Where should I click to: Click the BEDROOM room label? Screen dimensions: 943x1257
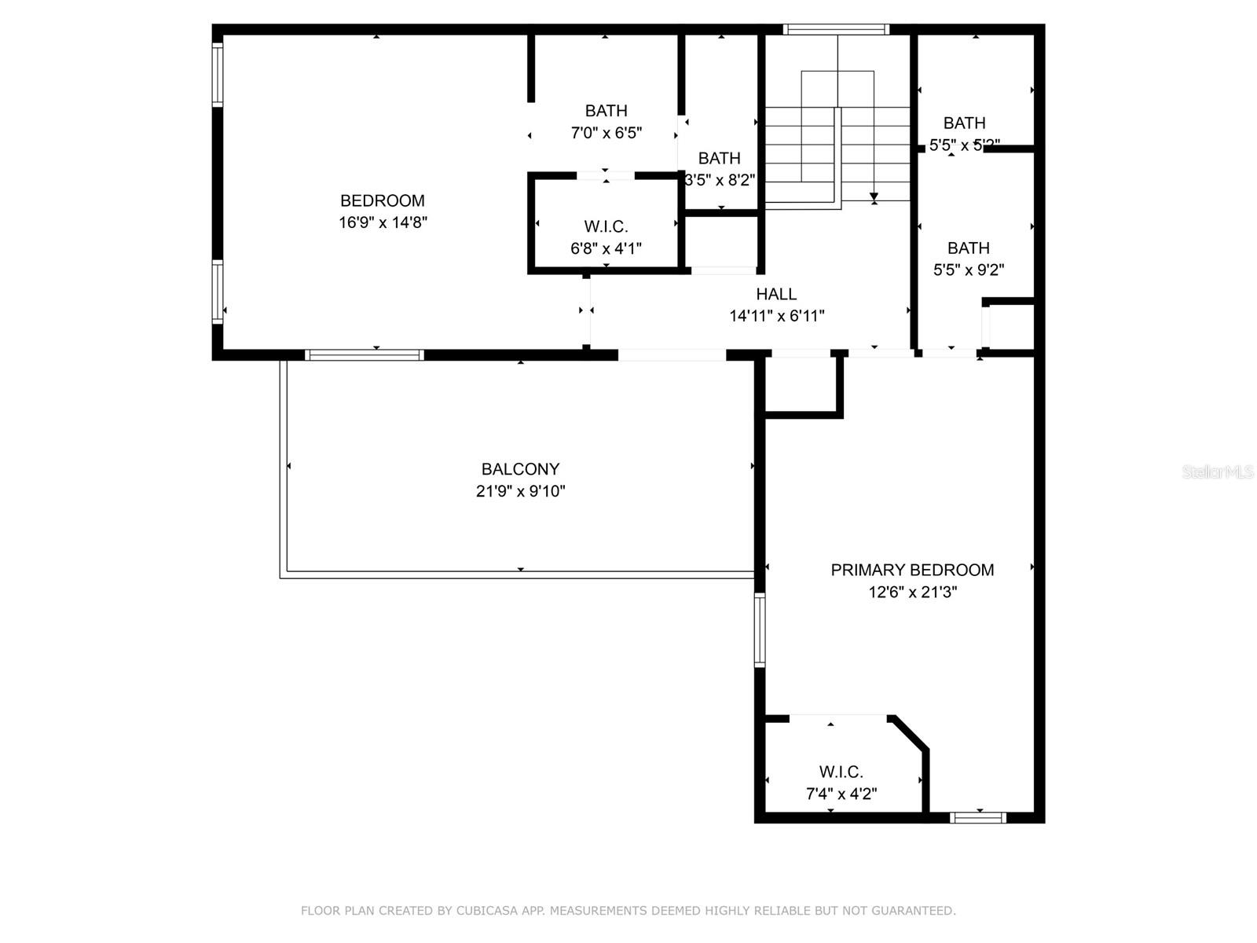pos(382,200)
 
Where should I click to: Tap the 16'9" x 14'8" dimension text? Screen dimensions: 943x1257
pos(383,222)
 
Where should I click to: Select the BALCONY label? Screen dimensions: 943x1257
pos(520,469)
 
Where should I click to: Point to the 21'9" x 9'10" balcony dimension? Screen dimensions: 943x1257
pos(520,491)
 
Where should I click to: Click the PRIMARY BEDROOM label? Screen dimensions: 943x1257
pos(912,570)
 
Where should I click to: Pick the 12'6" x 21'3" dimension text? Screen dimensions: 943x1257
pos(912,592)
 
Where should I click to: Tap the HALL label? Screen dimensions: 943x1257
pos(776,294)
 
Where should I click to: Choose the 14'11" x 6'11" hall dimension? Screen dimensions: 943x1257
pos(776,316)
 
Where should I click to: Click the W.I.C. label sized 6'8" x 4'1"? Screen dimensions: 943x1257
pos(606,227)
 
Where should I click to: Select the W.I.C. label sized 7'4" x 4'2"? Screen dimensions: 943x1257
pos(841,772)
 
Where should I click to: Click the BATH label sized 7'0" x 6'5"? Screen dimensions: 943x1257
pos(606,111)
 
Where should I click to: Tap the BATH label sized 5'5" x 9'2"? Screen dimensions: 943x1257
pos(968,248)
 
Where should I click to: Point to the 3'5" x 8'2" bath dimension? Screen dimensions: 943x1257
pos(720,180)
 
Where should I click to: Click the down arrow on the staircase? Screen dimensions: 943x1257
pos(874,196)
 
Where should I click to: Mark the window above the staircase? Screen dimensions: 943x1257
pos(836,30)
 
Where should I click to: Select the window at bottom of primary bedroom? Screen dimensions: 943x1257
pos(977,818)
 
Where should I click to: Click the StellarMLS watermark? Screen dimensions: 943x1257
pos(1218,472)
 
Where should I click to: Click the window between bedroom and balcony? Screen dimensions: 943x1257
pos(365,355)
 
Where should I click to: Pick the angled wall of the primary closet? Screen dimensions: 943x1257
pos(911,732)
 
